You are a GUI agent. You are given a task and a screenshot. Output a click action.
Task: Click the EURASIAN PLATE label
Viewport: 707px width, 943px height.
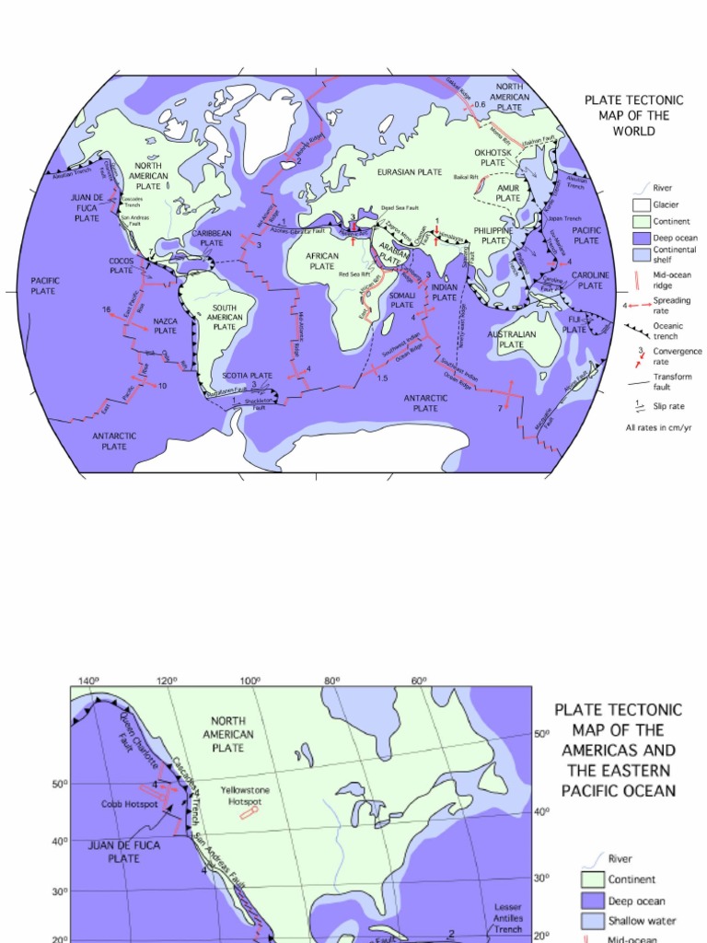410,172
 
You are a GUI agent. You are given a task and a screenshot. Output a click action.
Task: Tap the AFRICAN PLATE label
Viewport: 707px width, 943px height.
322,261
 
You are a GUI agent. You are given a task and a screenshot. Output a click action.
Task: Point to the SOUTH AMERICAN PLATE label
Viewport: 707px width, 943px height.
225,317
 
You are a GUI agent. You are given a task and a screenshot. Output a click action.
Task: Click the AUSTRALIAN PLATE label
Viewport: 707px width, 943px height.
511,339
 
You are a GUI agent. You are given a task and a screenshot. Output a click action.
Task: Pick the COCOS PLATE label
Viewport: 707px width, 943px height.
122,265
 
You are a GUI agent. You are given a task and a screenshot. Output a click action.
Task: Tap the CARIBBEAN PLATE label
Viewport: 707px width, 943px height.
212,239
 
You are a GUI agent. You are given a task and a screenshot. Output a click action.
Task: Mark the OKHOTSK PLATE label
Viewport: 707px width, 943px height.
493,157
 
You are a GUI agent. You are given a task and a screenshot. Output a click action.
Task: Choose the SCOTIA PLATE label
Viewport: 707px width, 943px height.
248,376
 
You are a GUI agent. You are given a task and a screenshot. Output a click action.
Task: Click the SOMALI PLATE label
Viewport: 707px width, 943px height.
402,299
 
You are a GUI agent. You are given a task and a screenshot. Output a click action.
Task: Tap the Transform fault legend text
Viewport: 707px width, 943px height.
673,382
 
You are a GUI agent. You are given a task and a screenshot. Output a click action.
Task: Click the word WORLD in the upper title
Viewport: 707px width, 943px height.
633,131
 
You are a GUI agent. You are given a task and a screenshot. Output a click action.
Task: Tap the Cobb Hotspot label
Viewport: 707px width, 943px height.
130,804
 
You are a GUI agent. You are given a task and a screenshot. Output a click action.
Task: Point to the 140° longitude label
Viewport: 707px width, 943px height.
88,681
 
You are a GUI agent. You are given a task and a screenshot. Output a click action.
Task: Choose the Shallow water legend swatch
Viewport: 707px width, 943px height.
593,921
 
